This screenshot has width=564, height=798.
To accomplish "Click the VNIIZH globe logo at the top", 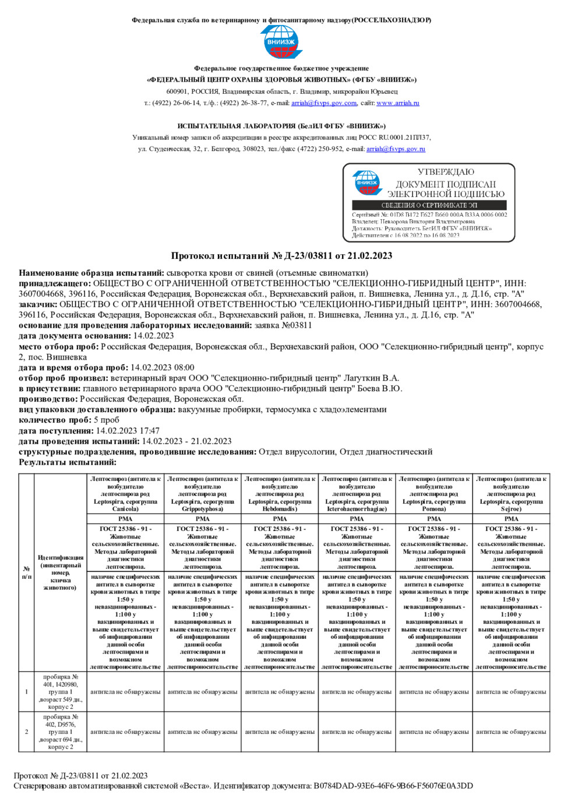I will click(x=281, y=42).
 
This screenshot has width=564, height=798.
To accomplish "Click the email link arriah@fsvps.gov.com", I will click(x=324, y=103).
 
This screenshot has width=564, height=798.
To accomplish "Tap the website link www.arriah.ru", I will click(x=397, y=103).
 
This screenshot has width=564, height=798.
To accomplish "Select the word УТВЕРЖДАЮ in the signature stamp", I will click(x=446, y=172).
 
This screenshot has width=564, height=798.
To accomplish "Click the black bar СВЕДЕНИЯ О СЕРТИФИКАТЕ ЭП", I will click(x=429, y=205).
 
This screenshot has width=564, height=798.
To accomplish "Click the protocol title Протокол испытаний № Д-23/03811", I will click(x=281, y=255).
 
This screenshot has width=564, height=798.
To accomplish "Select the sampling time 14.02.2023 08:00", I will click(x=162, y=367).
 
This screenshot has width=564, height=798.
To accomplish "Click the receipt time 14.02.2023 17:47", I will click(x=128, y=431).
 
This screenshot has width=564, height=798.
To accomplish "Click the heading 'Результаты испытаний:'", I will click(x=68, y=462).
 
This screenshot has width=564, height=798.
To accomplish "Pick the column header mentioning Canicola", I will click(x=125, y=494).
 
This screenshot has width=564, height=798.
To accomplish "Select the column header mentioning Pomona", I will click(x=434, y=494).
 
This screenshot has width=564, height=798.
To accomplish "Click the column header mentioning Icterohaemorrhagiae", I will click(x=357, y=494).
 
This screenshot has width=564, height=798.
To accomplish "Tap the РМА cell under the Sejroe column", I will click(x=511, y=519).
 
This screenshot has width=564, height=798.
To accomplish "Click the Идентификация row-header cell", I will click(x=60, y=572).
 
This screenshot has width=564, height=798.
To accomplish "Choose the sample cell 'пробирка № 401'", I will click(x=60, y=692).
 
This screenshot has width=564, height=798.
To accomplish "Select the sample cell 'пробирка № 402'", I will click(x=60, y=732).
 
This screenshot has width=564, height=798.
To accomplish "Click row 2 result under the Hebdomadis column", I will click(x=280, y=732).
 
